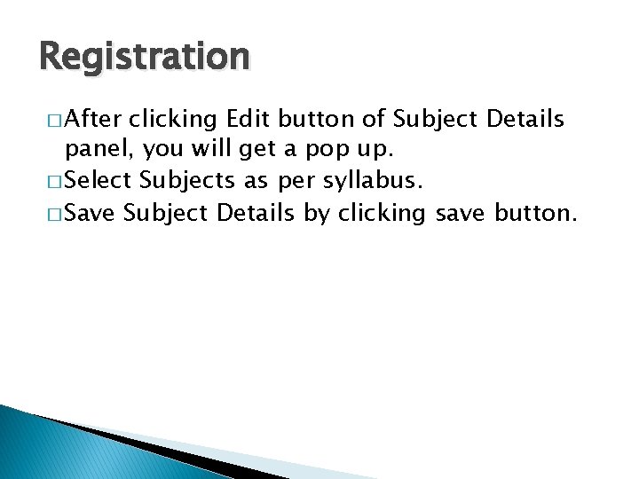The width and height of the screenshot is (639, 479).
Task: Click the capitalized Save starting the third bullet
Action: point(92,213)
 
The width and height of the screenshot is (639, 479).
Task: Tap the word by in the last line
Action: point(316,214)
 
